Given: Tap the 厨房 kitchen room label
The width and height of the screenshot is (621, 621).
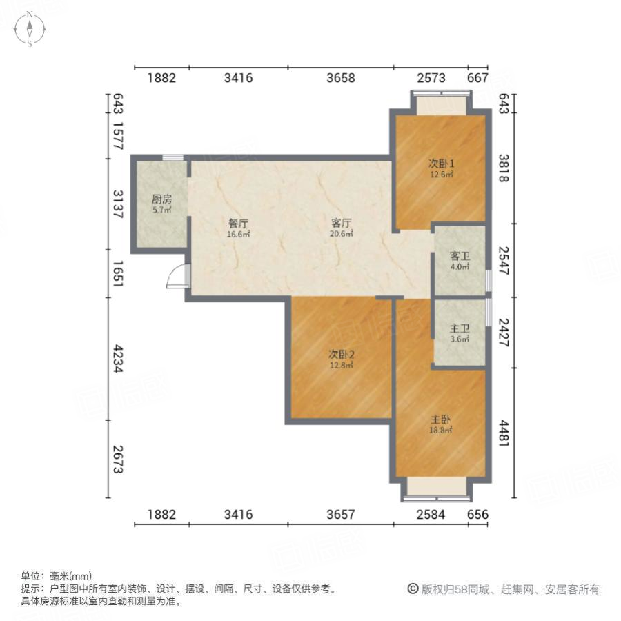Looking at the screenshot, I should [x=161, y=199].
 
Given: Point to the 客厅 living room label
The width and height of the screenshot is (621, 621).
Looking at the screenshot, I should [x=342, y=223].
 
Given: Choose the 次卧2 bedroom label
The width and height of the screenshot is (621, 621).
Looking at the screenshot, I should [x=342, y=355].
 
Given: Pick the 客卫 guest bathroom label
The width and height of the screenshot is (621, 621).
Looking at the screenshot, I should [x=460, y=255].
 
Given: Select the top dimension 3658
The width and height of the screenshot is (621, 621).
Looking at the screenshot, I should [x=341, y=78].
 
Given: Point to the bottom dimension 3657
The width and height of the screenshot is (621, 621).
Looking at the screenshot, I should [x=341, y=515].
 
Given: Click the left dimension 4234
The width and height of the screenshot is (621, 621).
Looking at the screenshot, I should [x=117, y=359].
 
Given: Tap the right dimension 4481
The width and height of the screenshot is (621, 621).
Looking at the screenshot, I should [x=504, y=433].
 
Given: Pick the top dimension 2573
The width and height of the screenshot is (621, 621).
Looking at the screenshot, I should [x=431, y=78].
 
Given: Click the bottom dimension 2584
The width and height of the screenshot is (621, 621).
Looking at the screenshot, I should [x=431, y=515].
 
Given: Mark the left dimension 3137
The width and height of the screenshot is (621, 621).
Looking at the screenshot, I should [x=117, y=204].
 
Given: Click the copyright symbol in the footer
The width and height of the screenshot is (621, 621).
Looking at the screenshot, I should [x=413, y=589].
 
